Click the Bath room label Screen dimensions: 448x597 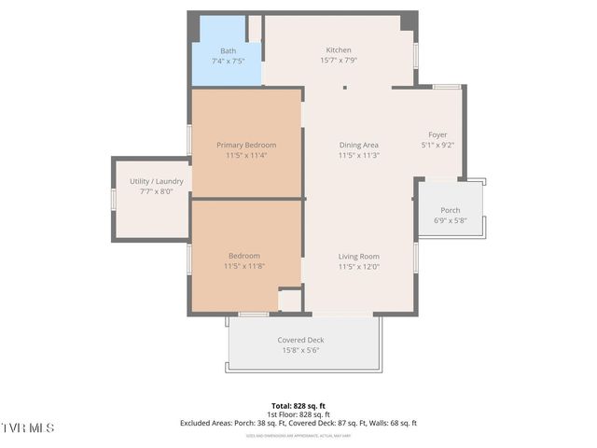tap(228, 50)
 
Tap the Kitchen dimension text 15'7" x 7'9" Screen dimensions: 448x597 tap(338, 61)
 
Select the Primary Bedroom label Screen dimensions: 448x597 tap(246, 145)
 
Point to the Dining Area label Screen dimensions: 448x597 tap(358, 145)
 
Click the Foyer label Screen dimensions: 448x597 tap(437, 134)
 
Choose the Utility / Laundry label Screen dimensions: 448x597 tap(156, 181)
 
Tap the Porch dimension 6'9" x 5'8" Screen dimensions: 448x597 tap(451, 221)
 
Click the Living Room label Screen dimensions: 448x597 tap(358, 256)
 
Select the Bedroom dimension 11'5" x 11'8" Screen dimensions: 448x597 tap(244, 266)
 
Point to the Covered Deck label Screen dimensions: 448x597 tap(300, 340)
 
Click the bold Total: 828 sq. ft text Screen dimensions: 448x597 tap(298, 406)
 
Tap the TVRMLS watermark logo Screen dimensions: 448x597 tap(28, 428)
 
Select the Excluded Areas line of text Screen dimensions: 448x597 tap(298, 423)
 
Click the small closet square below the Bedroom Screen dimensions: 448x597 tap(291, 301)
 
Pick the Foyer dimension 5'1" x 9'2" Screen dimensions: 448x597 tap(437, 145)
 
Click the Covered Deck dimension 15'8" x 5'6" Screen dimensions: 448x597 tap(300, 350)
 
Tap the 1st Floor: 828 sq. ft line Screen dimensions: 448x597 tap(298, 414)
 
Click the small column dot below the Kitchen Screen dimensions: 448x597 tap(345, 89)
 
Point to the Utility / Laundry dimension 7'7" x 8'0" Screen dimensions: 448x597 tap(156, 191)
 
